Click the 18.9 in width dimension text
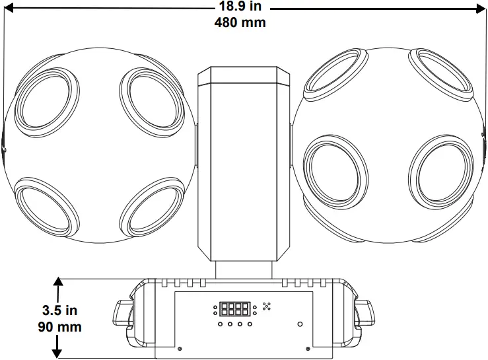[x=240, y=8]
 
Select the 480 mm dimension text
[x=240, y=22]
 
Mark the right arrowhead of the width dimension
[x=481, y=8]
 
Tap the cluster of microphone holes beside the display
[x=267, y=306]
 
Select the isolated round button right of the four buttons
[x=300, y=324]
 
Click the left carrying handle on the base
[x=123, y=313]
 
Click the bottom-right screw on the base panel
[x=308, y=349]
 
